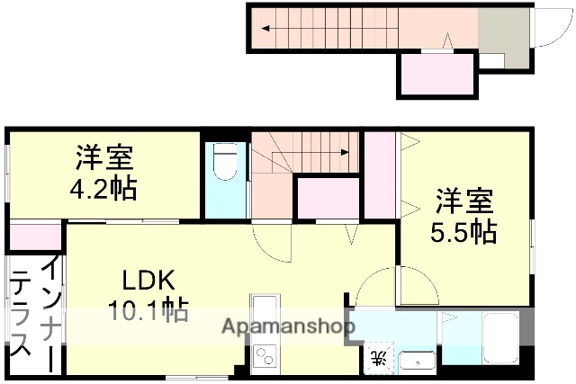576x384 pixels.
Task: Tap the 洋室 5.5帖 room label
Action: pos(463,216)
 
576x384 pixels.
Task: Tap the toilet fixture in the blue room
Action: pos(225,163)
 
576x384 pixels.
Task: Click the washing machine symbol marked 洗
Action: pos(379,358)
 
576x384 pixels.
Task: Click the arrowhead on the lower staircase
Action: pos(346,152)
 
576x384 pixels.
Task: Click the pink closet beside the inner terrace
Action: pos(35,237)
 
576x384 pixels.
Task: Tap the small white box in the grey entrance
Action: pos(491,59)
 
